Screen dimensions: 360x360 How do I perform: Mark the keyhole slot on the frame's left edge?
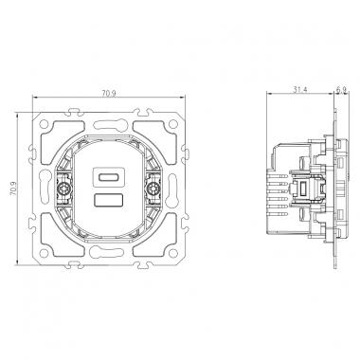tap(41, 188)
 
